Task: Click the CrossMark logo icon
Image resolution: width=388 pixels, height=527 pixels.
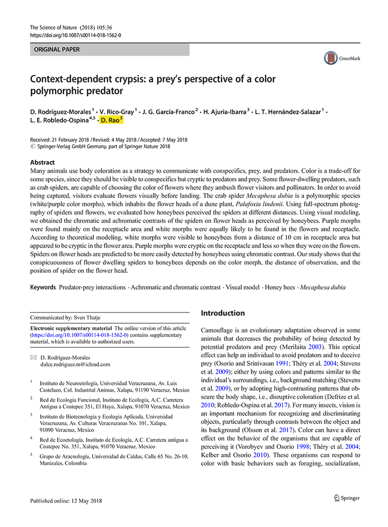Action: pyautogui.click(x=330, y=58)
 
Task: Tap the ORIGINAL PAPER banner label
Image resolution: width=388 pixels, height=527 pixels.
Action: pyautogui.click(x=57, y=49)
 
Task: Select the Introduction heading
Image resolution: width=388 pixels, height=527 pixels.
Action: pyautogui.click(x=223, y=313)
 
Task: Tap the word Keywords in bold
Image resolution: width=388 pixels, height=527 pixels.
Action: pyautogui.click(x=43, y=287)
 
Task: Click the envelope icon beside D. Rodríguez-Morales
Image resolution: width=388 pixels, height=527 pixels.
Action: pyautogui.click(x=33, y=357)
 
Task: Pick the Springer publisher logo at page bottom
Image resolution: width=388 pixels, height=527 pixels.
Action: pyautogui.click(x=346, y=498)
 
